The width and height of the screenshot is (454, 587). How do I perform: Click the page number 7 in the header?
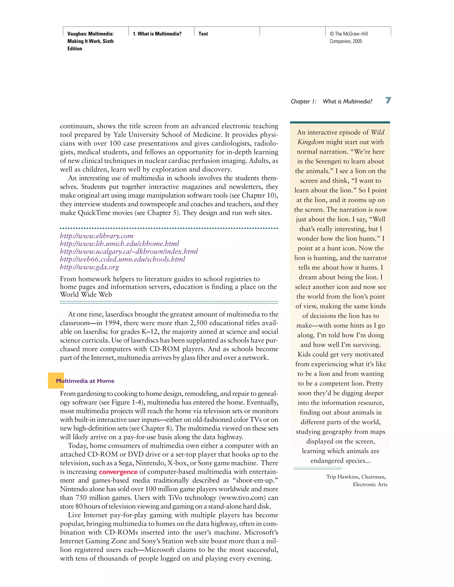click(x=388, y=100)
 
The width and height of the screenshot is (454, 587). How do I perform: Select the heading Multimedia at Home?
click(x=85, y=381)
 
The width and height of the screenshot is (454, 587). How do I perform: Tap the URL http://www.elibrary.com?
click(x=97, y=236)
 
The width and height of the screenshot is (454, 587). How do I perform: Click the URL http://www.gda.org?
click(x=89, y=267)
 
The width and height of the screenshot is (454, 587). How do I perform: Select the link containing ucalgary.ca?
click(x=129, y=252)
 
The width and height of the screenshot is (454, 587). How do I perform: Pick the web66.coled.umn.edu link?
click(x=122, y=259)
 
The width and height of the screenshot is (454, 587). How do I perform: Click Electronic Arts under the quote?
click(x=370, y=484)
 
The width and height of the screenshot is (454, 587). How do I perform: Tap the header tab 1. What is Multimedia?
click(x=157, y=34)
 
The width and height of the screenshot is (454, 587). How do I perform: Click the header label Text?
click(x=203, y=34)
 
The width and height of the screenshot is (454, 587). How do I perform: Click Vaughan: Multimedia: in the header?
click(x=90, y=34)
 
